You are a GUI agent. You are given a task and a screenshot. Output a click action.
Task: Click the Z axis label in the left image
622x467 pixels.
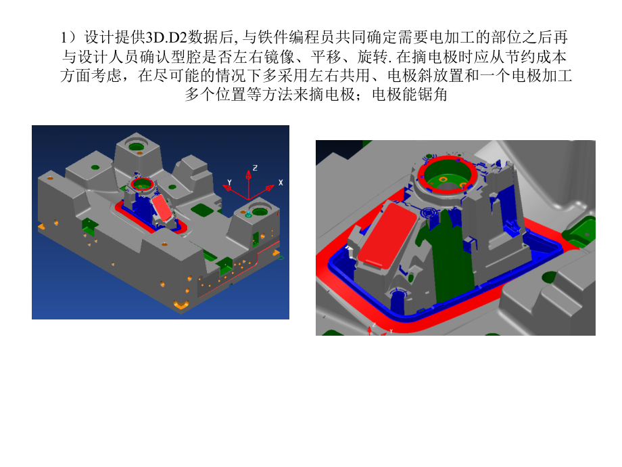point(254,166)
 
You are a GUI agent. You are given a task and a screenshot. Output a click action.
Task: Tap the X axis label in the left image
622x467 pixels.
point(280,183)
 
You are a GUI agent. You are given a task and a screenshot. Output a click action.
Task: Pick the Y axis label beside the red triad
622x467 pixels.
point(230,181)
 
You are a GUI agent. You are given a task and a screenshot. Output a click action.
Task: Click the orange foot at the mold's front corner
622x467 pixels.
point(181,305)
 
